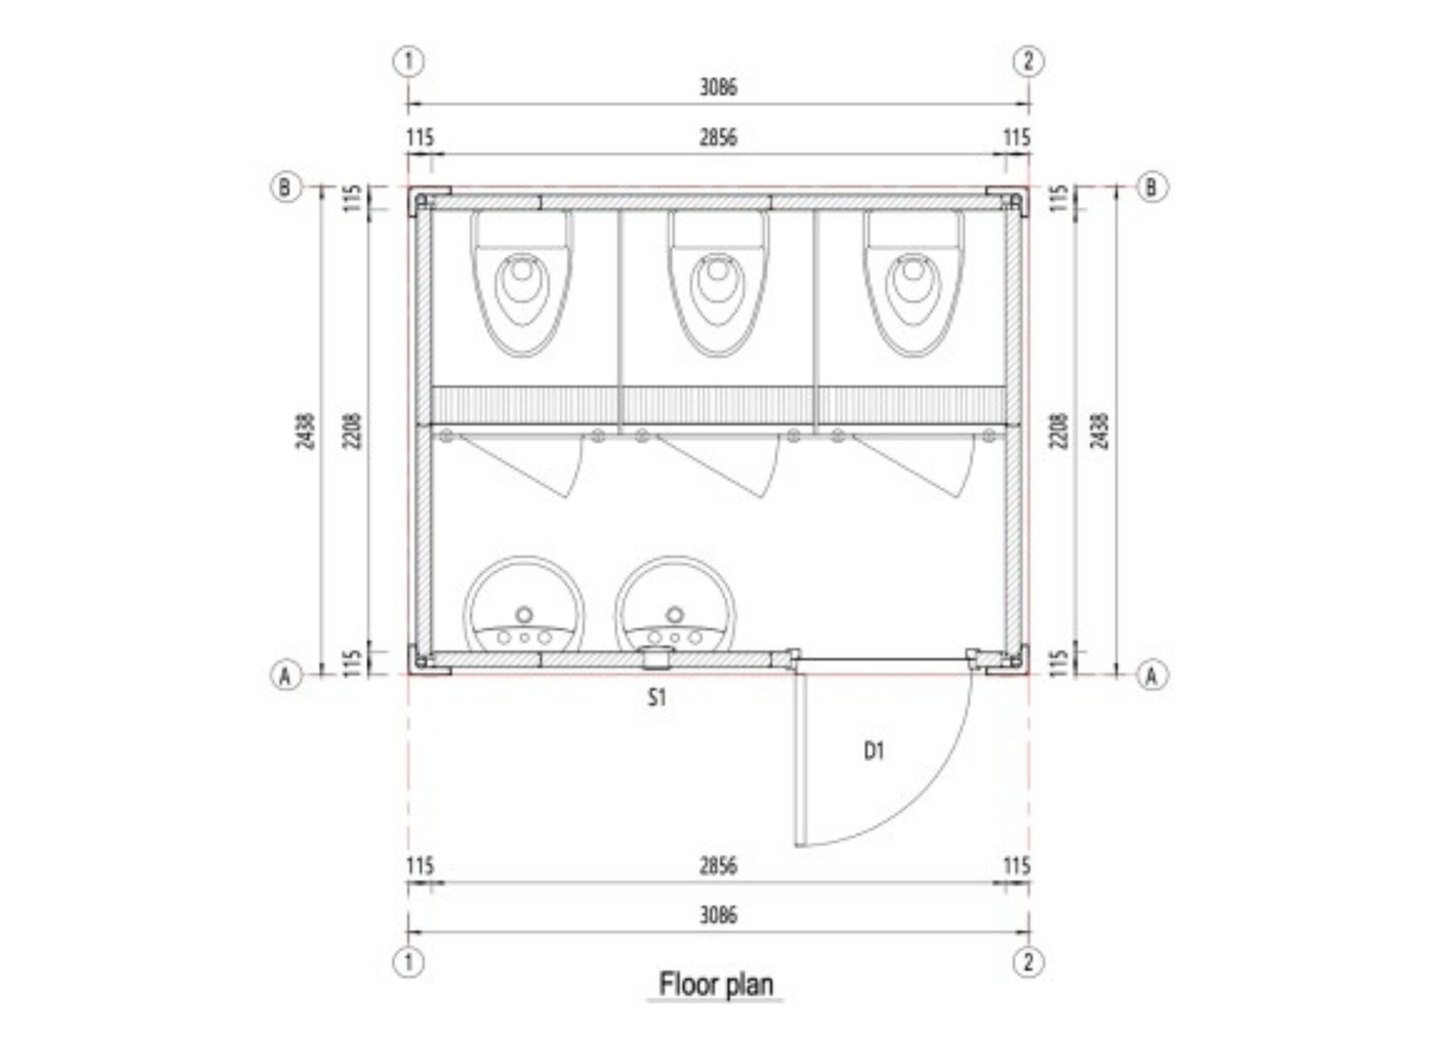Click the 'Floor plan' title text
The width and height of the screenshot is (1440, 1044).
(716, 984)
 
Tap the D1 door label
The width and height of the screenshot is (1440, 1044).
(874, 752)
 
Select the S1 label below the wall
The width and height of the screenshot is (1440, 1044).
(657, 698)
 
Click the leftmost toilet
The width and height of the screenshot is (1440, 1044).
(521, 283)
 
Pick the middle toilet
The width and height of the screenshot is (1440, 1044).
(717, 283)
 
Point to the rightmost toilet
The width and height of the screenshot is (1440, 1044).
(913, 283)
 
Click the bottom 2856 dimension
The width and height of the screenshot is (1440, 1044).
(719, 865)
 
